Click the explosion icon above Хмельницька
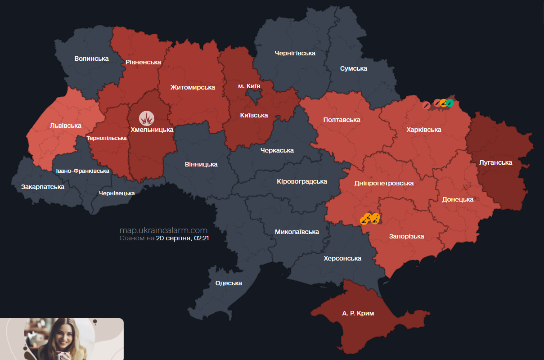click(146, 118)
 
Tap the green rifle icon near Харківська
click(450, 103)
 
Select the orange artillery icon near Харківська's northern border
click(443, 103)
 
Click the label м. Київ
click(249, 86)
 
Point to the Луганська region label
click(495, 162)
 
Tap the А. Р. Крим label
click(357, 313)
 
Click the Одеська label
click(229, 283)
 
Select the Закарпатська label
click(43, 186)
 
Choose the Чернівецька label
click(117, 193)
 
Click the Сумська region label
click(353, 68)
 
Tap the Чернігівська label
click(295, 53)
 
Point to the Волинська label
click(92, 58)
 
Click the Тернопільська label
click(107, 138)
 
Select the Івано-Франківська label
click(82, 171)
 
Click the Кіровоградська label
click(301, 181)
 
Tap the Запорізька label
click(406, 236)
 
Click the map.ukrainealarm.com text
click(163, 230)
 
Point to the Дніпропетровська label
click(384, 183)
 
